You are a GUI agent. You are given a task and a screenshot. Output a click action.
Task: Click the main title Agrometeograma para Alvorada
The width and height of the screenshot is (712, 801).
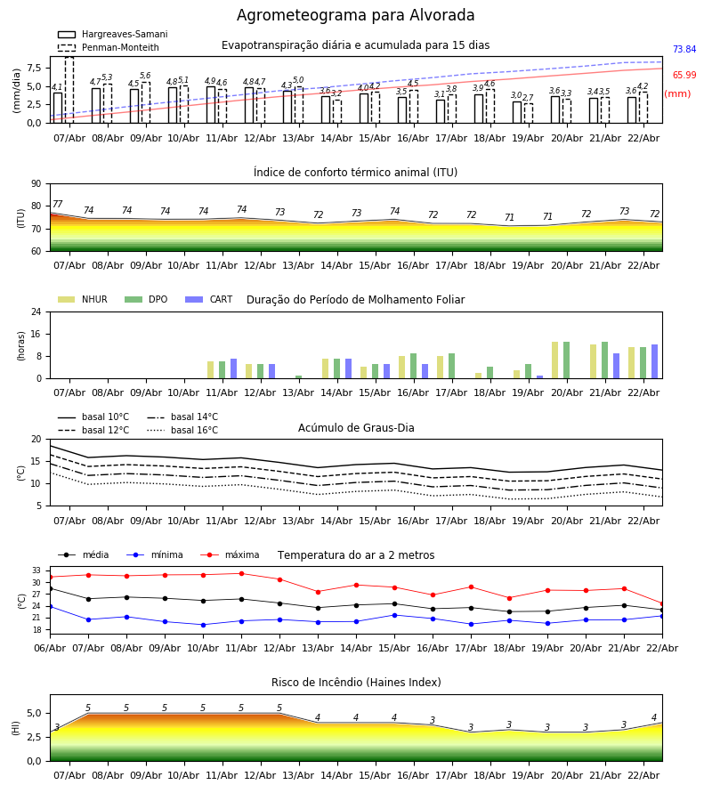pos(355,16)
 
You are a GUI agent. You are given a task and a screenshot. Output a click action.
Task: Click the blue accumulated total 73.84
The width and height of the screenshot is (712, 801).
pos(684,50)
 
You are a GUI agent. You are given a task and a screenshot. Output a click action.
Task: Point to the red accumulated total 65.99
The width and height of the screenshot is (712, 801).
pos(684,76)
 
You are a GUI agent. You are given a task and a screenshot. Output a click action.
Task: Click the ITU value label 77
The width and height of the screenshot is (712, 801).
pos(57,205)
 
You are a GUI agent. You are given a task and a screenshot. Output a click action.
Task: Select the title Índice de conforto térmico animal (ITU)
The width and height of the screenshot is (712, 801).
pos(355,173)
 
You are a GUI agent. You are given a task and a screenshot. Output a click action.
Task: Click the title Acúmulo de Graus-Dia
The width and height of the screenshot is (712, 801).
pos(355,428)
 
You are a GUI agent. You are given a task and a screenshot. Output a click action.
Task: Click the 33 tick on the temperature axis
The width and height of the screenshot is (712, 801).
pos(36,570)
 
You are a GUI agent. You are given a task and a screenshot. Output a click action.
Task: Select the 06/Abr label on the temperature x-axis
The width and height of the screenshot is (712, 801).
pos(50,647)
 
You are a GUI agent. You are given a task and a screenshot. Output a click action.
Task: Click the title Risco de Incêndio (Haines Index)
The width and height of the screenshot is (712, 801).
pos(355,683)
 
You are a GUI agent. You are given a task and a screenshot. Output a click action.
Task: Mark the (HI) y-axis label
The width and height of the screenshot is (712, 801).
pos(16,727)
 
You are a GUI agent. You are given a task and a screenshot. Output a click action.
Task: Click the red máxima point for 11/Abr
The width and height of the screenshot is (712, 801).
pos(241,573)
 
